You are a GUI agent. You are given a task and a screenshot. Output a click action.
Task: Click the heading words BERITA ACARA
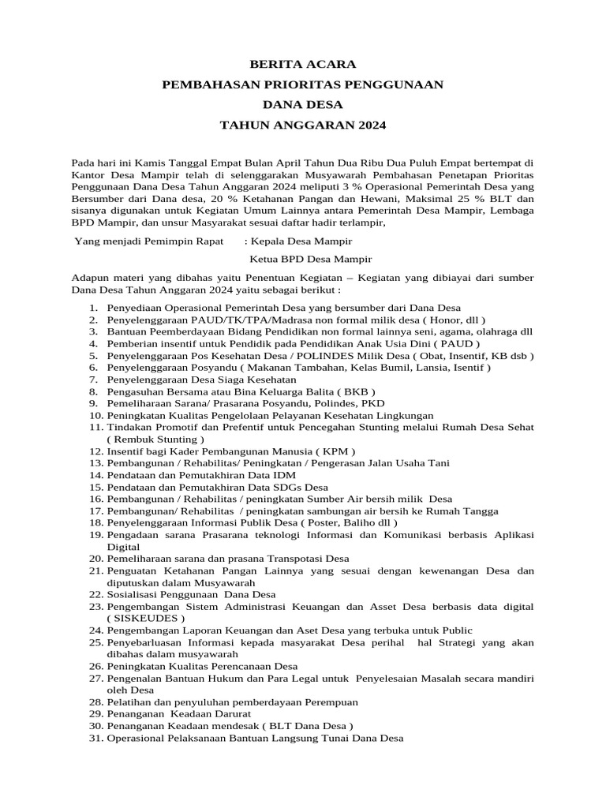pos(303,64)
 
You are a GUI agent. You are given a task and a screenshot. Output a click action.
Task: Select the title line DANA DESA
pos(303,104)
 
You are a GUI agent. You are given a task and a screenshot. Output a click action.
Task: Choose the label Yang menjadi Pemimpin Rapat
pos(148,241)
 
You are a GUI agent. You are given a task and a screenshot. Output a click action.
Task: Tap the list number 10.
pos(95,415)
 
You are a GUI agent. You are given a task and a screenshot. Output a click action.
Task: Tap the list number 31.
pos(95,738)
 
